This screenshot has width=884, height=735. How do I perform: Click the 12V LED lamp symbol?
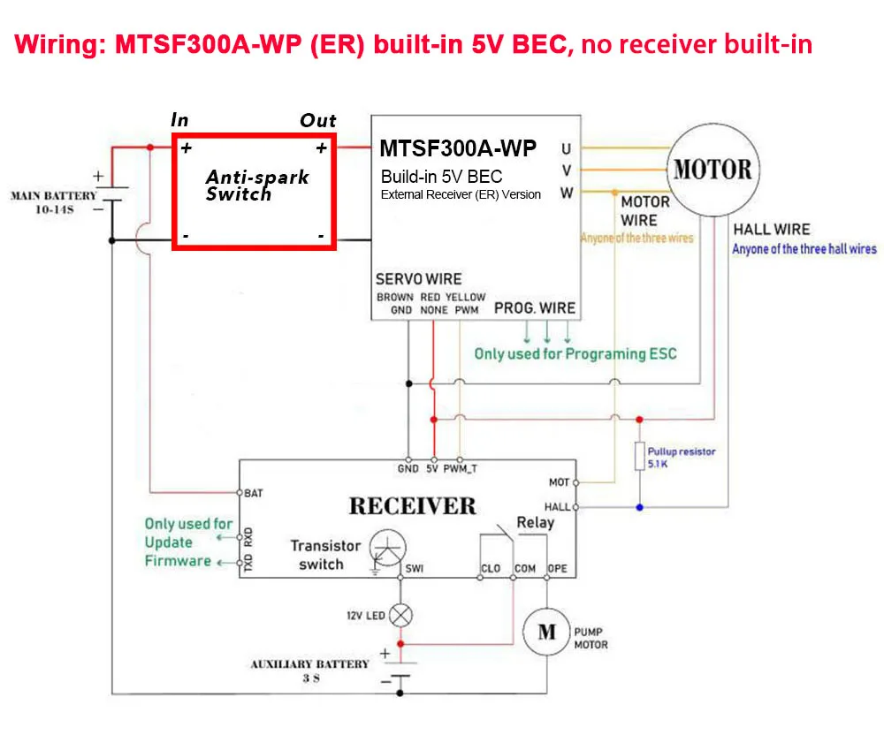(400, 615)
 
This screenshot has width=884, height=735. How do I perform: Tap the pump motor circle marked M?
(546, 632)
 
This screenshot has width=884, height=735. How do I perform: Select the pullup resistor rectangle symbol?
(639, 456)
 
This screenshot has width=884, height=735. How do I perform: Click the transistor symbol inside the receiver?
(387, 548)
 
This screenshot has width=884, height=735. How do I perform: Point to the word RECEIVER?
(413, 506)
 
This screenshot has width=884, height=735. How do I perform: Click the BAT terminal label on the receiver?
(253, 493)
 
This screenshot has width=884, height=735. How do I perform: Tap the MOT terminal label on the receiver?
(559, 482)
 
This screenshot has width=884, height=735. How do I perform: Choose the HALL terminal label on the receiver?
(557, 507)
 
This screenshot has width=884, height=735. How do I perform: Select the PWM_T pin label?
(460, 468)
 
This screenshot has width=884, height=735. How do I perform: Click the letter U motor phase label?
(566, 149)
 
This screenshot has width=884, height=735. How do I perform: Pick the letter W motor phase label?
(567, 193)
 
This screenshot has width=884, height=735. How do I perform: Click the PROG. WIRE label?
(535, 308)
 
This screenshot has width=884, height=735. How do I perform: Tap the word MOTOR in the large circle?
(713, 169)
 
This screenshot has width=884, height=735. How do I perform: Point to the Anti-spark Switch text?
(257, 186)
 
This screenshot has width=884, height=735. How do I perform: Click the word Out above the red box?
(318, 120)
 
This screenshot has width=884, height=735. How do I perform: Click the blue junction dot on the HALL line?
(639, 507)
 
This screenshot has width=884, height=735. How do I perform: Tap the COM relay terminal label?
(525, 568)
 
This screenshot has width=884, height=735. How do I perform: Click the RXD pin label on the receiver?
(248, 537)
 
